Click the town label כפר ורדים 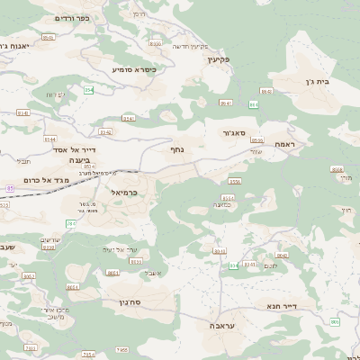72,18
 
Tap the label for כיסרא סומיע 134,68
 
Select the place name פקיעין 219,59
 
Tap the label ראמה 292,144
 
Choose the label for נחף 178,149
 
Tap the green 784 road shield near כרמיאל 72,222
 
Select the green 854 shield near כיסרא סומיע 89,90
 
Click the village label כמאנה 225,205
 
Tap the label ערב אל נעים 119,249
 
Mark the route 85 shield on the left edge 9,188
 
